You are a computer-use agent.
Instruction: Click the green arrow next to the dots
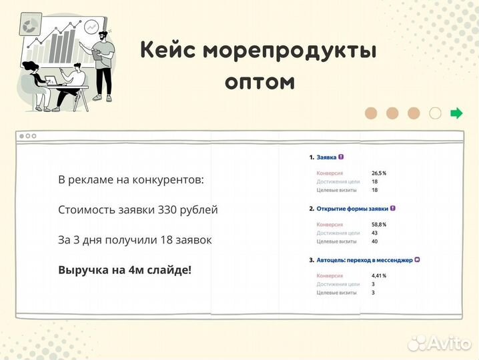(456, 113)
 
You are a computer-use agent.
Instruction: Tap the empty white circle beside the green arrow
(435, 113)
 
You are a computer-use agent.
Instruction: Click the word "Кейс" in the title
(168, 51)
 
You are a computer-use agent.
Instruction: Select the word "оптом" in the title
(260, 81)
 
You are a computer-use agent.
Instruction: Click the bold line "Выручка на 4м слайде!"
(125, 270)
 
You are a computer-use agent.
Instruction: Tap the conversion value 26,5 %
(379, 173)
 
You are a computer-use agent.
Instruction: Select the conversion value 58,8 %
(379, 225)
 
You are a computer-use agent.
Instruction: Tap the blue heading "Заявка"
(326, 157)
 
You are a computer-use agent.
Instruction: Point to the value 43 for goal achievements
(374, 233)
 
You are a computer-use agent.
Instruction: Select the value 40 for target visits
(374, 241)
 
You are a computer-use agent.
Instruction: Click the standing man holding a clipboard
(103, 63)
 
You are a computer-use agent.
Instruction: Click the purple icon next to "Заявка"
(342, 157)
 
